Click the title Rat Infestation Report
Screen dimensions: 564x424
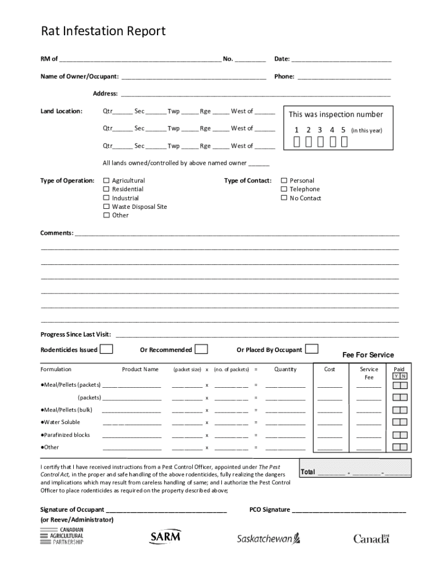[103, 31]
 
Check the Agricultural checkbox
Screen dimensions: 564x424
[107, 181]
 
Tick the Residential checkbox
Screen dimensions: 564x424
[107, 189]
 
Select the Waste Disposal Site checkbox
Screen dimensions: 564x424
[107, 207]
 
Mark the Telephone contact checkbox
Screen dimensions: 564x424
[285, 189]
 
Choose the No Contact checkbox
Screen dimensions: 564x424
[285, 198]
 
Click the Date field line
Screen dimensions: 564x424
[341, 59]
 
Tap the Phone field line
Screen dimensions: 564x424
[344, 77]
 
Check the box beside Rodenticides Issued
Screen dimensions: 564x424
[107, 349]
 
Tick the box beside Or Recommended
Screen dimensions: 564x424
[202, 349]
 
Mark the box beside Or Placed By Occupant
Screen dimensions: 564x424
[312, 349]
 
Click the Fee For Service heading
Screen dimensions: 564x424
[368, 355]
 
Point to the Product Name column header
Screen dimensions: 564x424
[140, 369]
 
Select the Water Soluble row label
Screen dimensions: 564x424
[61, 422]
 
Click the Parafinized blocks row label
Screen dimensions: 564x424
[65, 435]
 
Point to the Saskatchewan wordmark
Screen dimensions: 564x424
[268, 539]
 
